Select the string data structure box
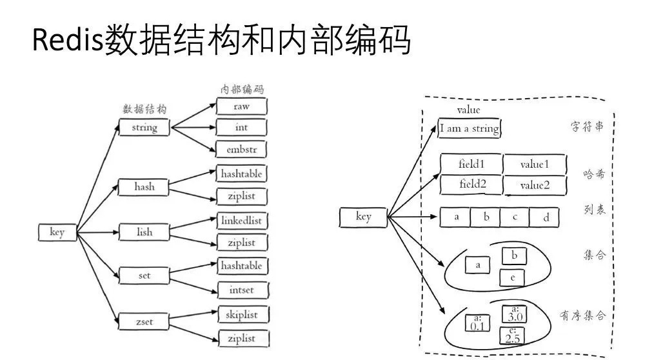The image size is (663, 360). coord(144,127)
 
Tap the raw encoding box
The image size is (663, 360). coord(241,106)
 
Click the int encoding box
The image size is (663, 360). coord(241,127)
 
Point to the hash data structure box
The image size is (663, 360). coord(144,187)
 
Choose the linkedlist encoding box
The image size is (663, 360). coord(241,221)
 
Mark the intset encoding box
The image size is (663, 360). coord(241,290)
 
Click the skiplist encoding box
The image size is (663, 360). coord(241,314)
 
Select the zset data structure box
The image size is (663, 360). coord(144,320)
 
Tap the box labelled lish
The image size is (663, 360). coord(144,232)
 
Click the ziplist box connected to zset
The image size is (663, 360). coord(241,338)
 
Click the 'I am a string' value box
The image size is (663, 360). coord(469,128)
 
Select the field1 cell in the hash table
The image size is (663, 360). coord(471,164)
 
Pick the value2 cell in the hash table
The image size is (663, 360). coord(535,185)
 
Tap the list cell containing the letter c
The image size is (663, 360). coord(515,217)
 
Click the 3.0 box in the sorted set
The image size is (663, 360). coord(515,315)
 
